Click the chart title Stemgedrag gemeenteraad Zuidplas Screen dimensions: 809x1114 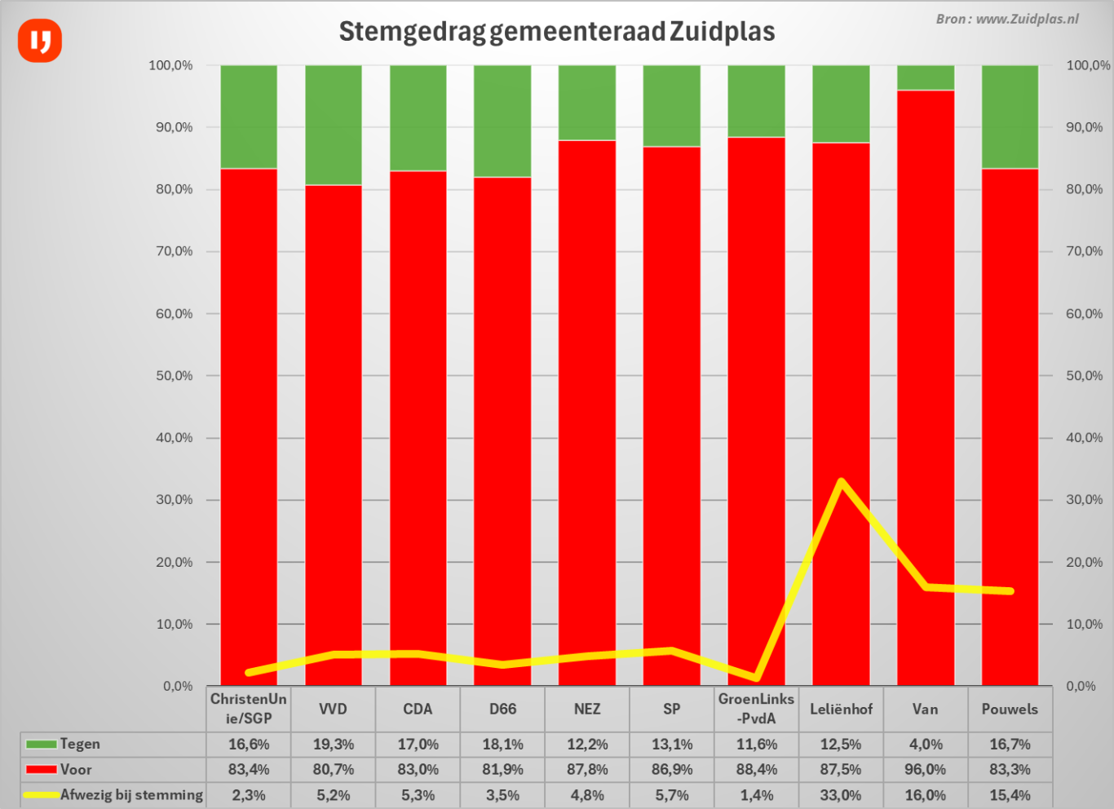pyautogui.click(x=556, y=32)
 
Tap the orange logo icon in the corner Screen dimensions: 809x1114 pyautogui.click(x=40, y=40)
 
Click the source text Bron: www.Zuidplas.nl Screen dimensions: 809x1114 pyautogui.click(x=1006, y=19)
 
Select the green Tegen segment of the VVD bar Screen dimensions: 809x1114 pyautogui.click(x=333, y=125)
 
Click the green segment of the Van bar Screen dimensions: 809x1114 pyautogui.click(x=925, y=77)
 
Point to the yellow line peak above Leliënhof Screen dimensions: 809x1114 pyautogui.click(x=841, y=482)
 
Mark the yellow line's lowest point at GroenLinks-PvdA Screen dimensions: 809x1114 pyautogui.click(x=757, y=677)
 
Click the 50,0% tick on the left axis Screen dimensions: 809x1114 pyautogui.click(x=175, y=376)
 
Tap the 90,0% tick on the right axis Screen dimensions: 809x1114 pyautogui.click(x=1084, y=127)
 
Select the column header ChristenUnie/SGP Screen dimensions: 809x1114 pyautogui.click(x=249, y=709)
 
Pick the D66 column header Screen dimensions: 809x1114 pyautogui.click(x=502, y=709)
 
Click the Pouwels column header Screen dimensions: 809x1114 pyautogui.click(x=1010, y=709)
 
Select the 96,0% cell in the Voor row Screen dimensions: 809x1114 pyautogui.click(x=925, y=769)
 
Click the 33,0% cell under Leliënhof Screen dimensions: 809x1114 pyautogui.click(x=841, y=795)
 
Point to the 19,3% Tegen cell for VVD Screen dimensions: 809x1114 pyautogui.click(x=333, y=744)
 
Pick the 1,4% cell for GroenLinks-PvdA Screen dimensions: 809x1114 pyautogui.click(x=757, y=795)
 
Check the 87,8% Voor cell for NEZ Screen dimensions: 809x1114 pyautogui.click(x=587, y=769)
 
